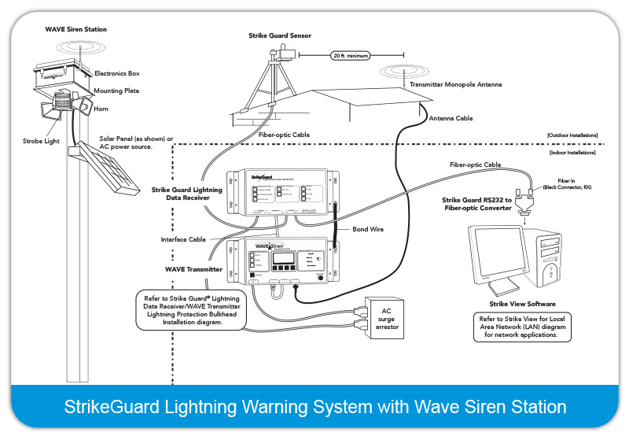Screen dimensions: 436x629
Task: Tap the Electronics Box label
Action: (117, 73)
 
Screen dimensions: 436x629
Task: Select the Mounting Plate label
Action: (117, 91)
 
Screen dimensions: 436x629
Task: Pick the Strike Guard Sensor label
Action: (278, 35)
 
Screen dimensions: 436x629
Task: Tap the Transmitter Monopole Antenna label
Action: (455, 84)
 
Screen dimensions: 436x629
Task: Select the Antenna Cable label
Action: (451, 118)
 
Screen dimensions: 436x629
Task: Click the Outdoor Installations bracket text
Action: (572, 136)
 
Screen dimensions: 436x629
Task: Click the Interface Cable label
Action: (183, 239)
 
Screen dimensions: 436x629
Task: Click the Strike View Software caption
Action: (523, 303)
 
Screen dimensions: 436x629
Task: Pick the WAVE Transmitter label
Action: (193, 269)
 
